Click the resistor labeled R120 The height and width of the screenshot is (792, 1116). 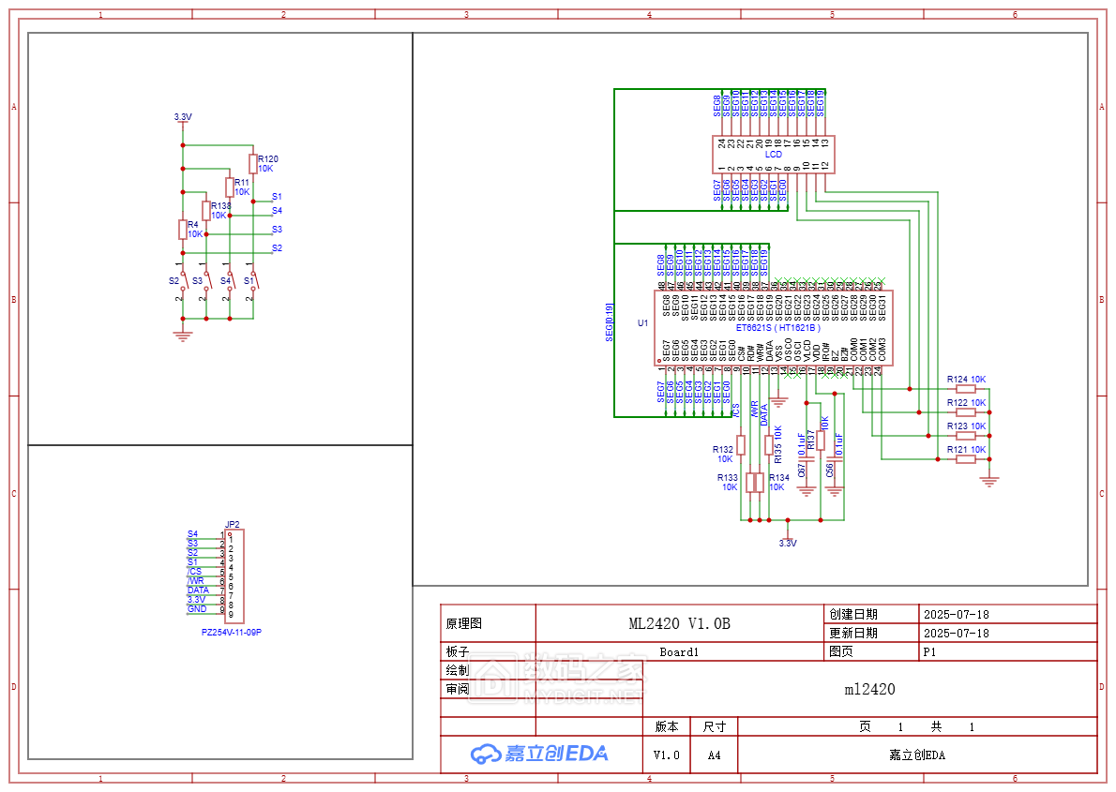pyautogui.click(x=252, y=163)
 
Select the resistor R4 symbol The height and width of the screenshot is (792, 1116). pyautogui.click(x=183, y=229)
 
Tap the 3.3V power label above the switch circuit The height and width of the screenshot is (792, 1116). pyautogui.click(x=183, y=117)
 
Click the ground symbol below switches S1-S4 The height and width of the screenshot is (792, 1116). pyautogui.click(x=183, y=336)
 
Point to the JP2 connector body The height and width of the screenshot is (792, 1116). pyautogui.click(x=234, y=576)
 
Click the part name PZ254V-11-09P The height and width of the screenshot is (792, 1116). pyautogui.click(x=231, y=633)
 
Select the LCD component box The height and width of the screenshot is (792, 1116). pyautogui.click(x=773, y=155)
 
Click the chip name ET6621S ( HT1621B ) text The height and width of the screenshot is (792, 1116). pyautogui.click(x=777, y=328)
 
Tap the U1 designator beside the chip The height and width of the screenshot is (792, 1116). pyautogui.click(x=642, y=323)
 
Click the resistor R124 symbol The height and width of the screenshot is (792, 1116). pyautogui.click(x=966, y=388)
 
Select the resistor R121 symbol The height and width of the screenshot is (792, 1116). pyautogui.click(x=966, y=458)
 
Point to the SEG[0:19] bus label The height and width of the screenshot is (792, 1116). pyautogui.click(x=610, y=321)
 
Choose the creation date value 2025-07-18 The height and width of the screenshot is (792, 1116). pyautogui.click(x=956, y=615)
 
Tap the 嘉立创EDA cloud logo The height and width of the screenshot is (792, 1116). pyautogui.click(x=539, y=754)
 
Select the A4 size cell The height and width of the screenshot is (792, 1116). pyautogui.click(x=715, y=755)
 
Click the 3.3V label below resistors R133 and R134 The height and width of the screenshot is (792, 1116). pyautogui.click(x=788, y=543)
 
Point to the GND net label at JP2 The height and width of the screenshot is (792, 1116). pyautogui.click(x=197, y=609)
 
